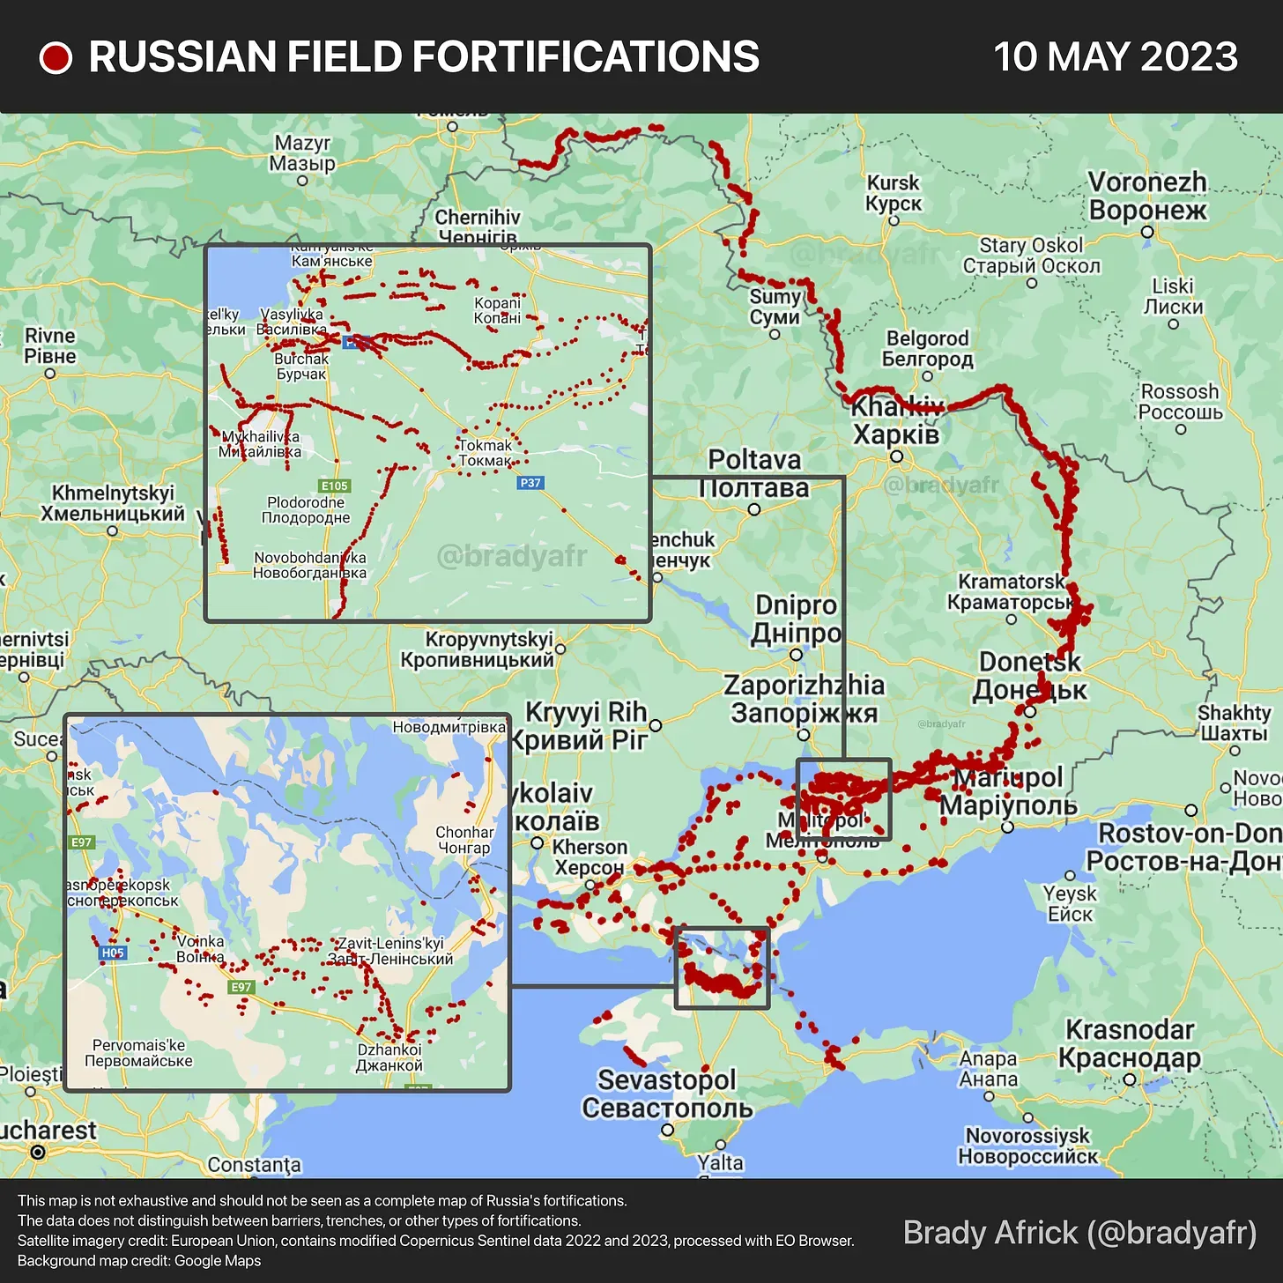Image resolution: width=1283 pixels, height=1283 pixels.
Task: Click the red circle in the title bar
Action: coord(56,58)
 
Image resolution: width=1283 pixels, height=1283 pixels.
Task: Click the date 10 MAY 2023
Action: coord(1116,57)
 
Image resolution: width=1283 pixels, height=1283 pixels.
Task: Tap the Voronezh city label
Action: coord(1147,196)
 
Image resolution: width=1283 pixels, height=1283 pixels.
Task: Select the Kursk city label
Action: coord(894,193)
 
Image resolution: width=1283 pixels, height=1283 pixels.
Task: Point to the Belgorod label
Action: coord(928,348)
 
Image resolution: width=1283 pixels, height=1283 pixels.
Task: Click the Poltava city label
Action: coord(754,473)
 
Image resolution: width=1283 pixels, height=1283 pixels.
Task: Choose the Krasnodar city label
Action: coord(1130,1043)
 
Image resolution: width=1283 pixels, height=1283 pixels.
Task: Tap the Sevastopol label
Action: coord(667,1094)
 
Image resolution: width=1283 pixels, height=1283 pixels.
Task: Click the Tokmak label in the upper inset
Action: coord(486,453)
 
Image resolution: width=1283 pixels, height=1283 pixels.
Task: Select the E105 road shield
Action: coord(335,486)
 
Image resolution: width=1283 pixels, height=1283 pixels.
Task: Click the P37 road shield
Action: coord(530,483)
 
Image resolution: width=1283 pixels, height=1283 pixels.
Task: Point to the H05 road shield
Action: coord(113,953)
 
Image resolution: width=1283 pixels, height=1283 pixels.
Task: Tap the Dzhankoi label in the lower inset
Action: coord(389,1057)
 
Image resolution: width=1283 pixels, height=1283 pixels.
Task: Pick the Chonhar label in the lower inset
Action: coord(464,840)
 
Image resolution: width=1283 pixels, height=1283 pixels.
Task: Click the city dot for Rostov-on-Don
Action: coord(1191,810)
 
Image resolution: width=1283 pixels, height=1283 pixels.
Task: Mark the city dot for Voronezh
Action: coord(1147,233)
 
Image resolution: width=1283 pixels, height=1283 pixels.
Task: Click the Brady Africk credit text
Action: coord(1079,1232)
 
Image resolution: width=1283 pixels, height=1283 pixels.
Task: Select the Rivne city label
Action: coord(50,345)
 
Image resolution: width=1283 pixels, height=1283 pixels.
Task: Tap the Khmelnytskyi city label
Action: coord(113,503)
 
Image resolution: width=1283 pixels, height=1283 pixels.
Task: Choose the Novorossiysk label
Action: coord(1028,1146)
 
